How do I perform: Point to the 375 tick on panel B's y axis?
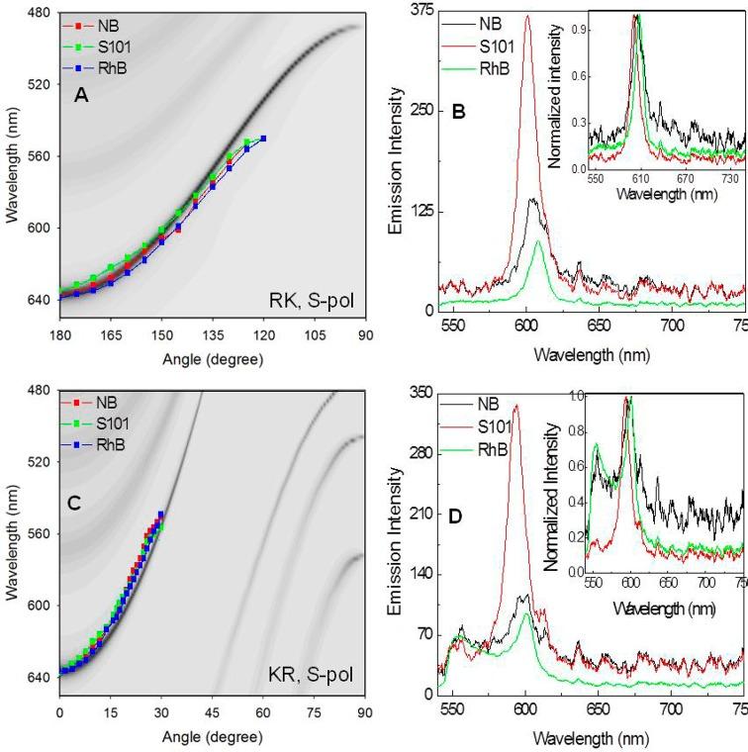423,9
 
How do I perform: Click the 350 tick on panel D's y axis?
422,393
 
